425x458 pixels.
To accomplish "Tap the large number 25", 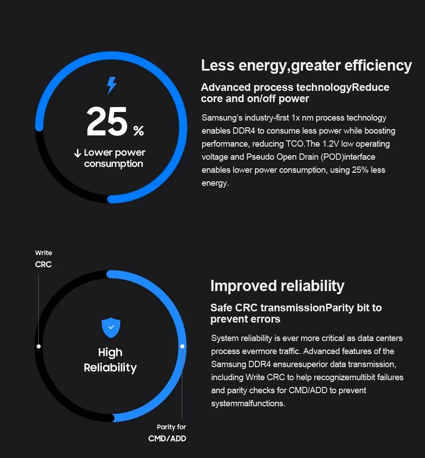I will click(x=107, y=122).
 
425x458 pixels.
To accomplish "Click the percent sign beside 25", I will click(x=139, y=131).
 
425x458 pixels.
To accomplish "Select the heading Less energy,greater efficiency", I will click(x=306, y=66).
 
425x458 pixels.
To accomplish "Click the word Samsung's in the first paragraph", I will click(x=222, y=118).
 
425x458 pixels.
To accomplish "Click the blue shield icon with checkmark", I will click(x=111, y=327).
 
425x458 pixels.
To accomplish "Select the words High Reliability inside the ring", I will click(x=110, y=360).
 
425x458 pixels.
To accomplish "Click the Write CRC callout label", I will click(x=43, y=259).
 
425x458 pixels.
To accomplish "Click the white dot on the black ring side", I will click(x=39, y=346).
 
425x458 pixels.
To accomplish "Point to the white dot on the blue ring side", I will click(x=182, y=346).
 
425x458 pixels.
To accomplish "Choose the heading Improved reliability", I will click(x=277, y=286).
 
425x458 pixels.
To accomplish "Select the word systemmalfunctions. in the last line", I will click(x=248, y=403).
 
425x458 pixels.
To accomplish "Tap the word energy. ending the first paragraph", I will click(x=215, y=183).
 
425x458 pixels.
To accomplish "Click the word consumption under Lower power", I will click(x=113, y=164).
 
